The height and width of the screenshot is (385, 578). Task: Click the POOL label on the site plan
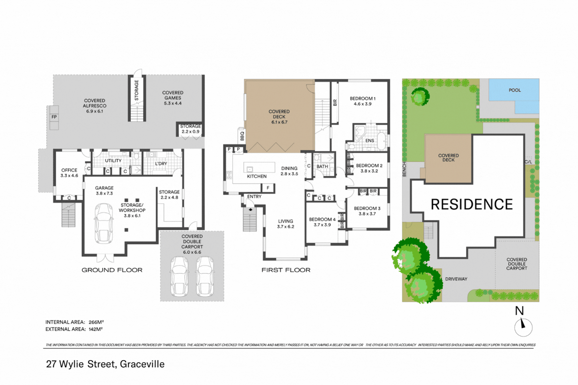(515, 90)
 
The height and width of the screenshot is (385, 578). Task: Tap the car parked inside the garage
(104, 223)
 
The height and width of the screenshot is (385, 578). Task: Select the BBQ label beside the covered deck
(242, 136)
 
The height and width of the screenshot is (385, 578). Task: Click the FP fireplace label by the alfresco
(54, 117)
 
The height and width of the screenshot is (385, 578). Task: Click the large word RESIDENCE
(471, 204)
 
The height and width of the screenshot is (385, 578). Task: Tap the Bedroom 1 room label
(362, 99)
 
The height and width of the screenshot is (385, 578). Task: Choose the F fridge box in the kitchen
(268, 188)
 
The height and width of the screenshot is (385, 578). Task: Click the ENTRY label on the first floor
(254, 197)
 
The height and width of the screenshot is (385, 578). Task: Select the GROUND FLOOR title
(112, 270)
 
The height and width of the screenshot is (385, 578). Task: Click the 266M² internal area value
(96, 322)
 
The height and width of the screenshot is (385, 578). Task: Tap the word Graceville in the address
(142, 364)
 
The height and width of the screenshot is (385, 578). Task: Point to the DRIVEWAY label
(456, 279)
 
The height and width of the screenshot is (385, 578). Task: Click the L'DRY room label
(161, 164)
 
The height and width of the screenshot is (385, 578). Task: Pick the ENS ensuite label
(370, 141)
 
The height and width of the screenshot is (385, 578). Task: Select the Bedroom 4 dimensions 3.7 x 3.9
(322, 225)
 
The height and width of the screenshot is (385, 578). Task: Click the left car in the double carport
(180, 276)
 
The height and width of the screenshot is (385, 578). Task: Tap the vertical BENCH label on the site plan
(405, 169)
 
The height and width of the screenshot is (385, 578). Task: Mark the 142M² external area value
(96, 329)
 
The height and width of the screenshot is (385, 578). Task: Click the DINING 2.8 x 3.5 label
(289, 171)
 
